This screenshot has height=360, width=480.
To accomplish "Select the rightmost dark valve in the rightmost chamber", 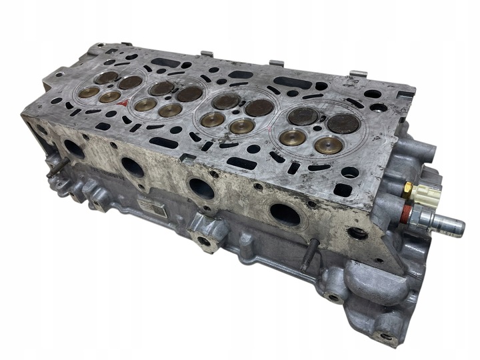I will point(344,123).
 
